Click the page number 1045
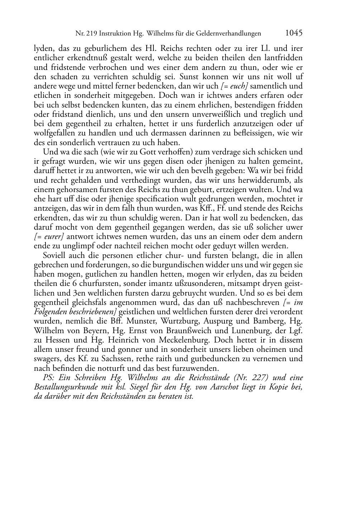coord(294,33)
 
